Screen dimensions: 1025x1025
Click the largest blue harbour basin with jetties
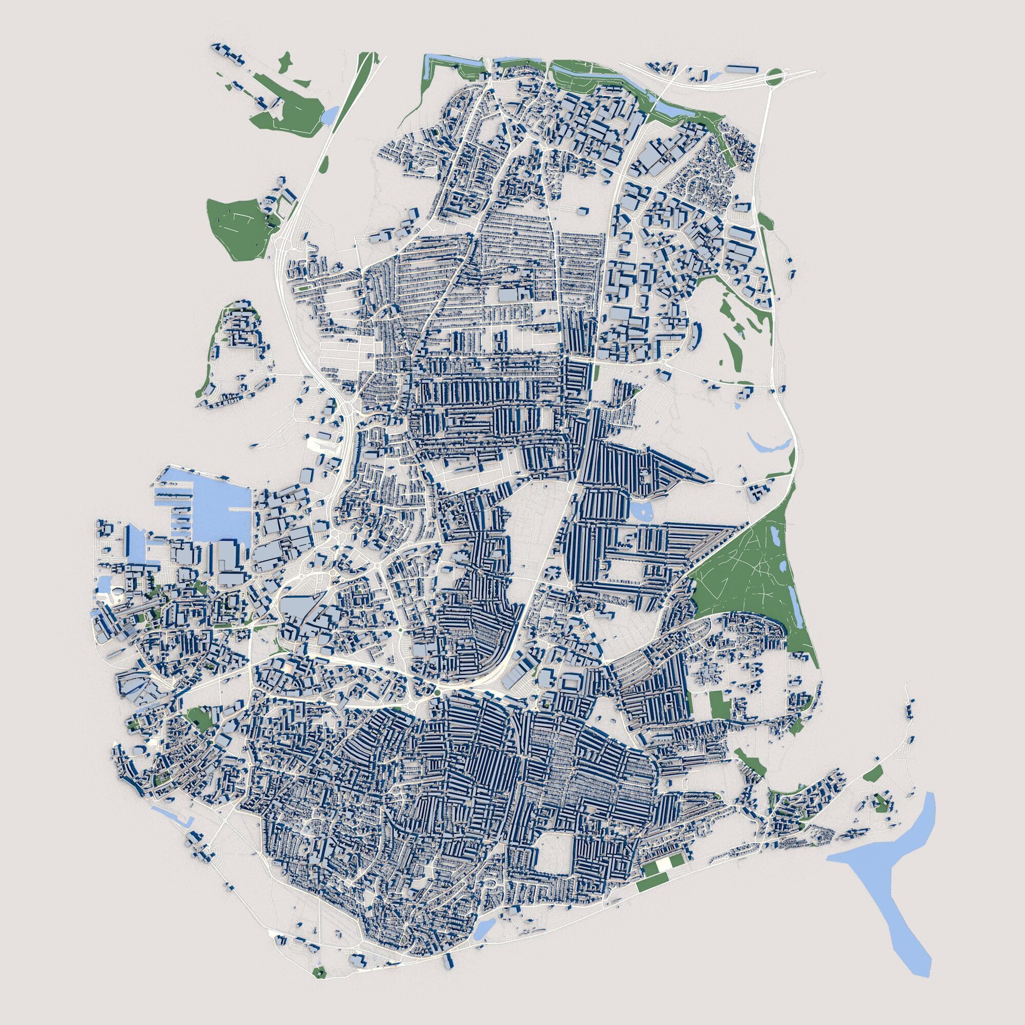click(x=223, y=509)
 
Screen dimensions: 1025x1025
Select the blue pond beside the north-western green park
click(x=330, y=114)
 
